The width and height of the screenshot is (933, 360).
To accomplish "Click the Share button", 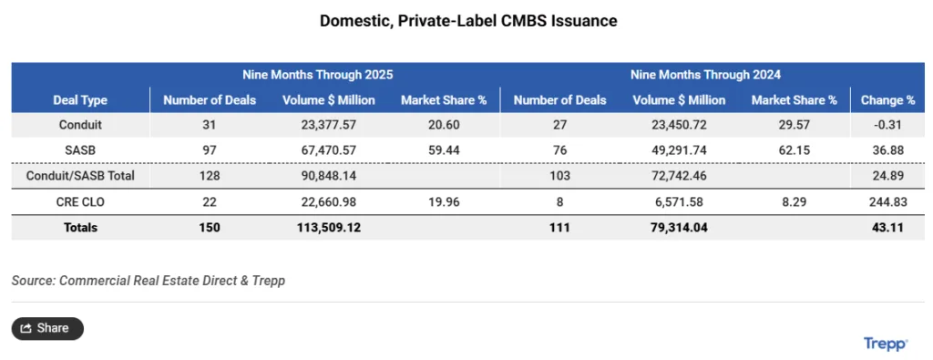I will tap(47, 328).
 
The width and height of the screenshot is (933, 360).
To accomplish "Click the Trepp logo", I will tap(885, 344).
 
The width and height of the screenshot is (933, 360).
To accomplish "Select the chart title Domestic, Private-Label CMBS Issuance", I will tap(467, 20).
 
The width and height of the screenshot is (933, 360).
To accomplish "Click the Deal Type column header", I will tap(80, 100).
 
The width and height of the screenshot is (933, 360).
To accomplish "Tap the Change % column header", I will tap(887, 100).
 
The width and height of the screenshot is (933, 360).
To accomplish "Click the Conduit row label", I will tap(80, 125).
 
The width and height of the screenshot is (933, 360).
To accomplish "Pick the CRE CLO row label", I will tap(80, 201).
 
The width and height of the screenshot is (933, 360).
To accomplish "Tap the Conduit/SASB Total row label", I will tap(80, 176).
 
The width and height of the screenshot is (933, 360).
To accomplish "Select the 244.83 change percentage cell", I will tap(887, 201).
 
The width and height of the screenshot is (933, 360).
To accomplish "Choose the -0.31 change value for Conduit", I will tap(887, 125).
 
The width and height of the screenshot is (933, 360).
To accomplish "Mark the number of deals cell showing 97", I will tap(210, 150).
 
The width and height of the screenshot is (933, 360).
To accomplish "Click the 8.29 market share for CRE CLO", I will tap(794, 201).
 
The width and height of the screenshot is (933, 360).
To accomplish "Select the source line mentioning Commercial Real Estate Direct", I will tap(148, 281).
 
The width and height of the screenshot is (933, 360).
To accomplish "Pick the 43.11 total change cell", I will tap(887, 227).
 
